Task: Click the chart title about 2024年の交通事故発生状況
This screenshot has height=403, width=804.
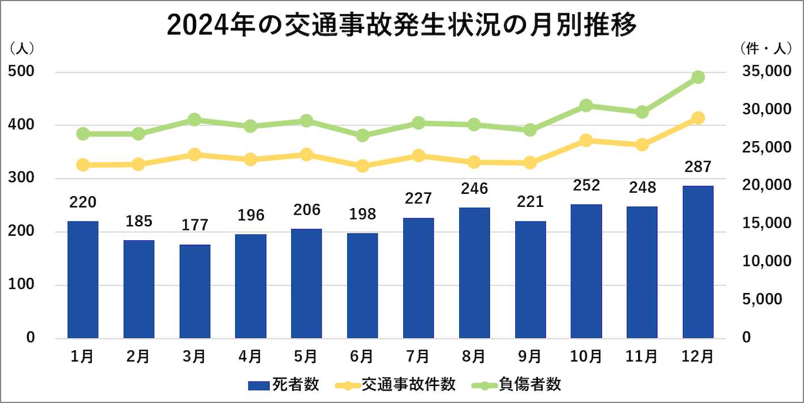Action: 402,26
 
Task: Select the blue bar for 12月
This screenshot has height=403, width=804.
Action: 698,262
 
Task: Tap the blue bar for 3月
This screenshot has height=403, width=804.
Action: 194,291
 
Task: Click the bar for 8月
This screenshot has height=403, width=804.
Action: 474,273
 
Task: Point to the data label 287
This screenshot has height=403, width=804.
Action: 698,167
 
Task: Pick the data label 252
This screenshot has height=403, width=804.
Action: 586,185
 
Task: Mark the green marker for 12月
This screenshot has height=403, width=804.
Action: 698,78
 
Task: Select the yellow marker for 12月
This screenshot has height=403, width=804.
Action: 698,118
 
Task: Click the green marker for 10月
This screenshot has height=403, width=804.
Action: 586,106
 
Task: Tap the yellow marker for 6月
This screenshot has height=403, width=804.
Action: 362,166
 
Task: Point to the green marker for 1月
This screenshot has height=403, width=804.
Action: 83,134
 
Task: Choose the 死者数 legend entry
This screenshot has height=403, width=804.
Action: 284,385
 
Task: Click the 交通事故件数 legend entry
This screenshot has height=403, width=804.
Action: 396,385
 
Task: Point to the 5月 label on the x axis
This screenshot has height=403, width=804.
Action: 306,357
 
